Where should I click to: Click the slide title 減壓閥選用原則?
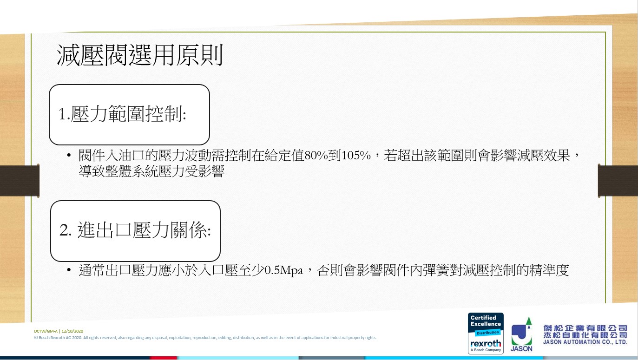tap(139, 55)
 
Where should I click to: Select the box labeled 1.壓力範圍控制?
tap(129, 114)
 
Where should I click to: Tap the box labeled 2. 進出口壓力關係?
tap(135, 231)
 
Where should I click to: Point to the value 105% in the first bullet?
tap(356, 156)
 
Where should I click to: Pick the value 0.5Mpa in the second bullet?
tap(283, 270)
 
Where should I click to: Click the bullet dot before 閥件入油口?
tap(69, 155)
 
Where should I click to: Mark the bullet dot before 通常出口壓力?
tap(69, 270)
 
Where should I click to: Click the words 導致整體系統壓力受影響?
tap(151, 171)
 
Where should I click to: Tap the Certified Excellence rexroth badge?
tap(486, 333)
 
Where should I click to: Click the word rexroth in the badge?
tap(485, 343)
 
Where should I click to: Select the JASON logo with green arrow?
tap(521, 334)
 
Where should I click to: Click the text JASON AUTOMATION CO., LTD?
tap(585, 342)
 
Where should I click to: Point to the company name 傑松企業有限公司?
tap(585, 328)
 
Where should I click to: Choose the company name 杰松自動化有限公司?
tap(585, 335)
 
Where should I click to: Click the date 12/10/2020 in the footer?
tap(72, 331)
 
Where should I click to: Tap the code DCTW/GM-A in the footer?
tap(46, 331)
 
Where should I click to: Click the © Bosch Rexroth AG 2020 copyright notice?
tap(205, 338)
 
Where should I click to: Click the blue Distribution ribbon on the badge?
tap(487, 333)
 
